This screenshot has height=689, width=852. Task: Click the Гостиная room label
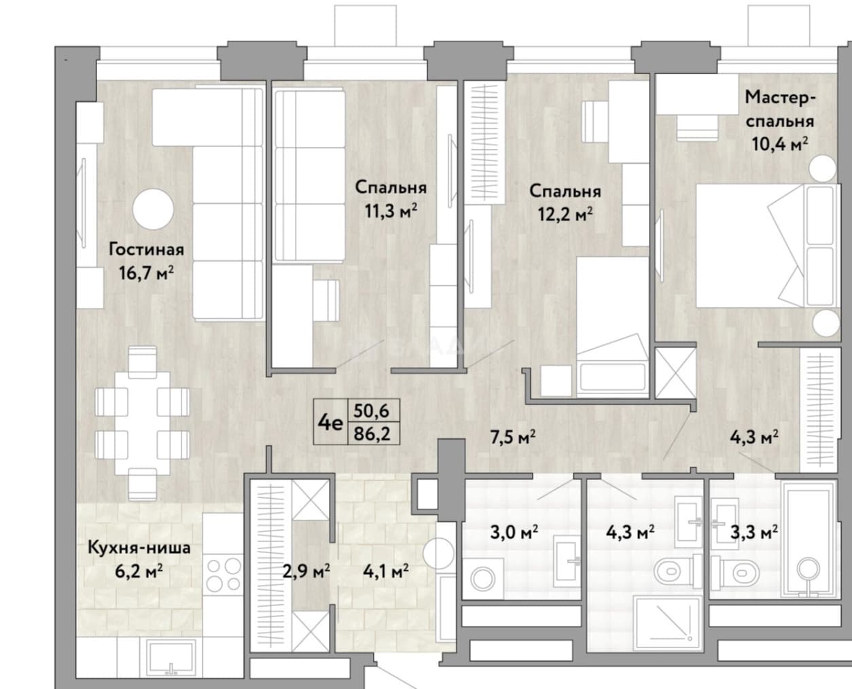click(146, 249)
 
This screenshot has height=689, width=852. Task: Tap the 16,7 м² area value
click(146, 274)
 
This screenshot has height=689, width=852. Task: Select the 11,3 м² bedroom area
click(391, 211)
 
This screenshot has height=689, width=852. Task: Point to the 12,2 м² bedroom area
click(565, 214)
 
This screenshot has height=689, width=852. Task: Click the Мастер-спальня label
click(779, 109)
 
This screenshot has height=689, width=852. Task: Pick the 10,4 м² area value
click(780, 144)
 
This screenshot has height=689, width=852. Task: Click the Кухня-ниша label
click(139, 548)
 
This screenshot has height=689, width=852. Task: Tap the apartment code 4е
click(330, 422)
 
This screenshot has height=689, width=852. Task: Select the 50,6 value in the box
click(372, 410)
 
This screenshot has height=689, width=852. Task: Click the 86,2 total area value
click(372, 434)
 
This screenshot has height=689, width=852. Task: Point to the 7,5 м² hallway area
click(513, 437)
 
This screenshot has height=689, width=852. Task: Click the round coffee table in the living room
click(153, 209)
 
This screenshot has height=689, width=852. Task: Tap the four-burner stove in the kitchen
click(224, 575)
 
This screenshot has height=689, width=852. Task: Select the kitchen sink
click(171, 658)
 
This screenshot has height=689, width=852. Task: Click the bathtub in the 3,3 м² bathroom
click(809, 540)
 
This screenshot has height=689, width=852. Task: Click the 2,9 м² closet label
click(306, 571)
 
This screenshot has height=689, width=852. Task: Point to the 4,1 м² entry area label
click(386, 571)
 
